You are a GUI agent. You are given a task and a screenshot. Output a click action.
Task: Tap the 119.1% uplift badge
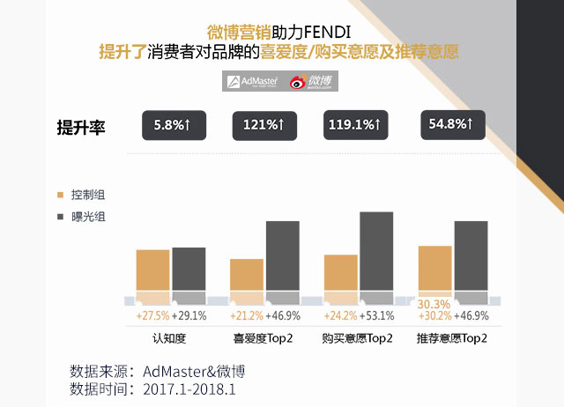point(353,126)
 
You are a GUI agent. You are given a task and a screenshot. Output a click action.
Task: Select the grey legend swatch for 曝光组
point(60,217)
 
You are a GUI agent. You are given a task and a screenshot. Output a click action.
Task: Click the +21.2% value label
point(247,315)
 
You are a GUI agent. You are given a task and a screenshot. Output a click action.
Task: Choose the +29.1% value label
point(189,315)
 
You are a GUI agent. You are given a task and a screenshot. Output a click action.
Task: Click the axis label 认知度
point(170,337)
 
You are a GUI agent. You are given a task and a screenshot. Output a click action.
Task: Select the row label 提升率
point(81,127)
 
